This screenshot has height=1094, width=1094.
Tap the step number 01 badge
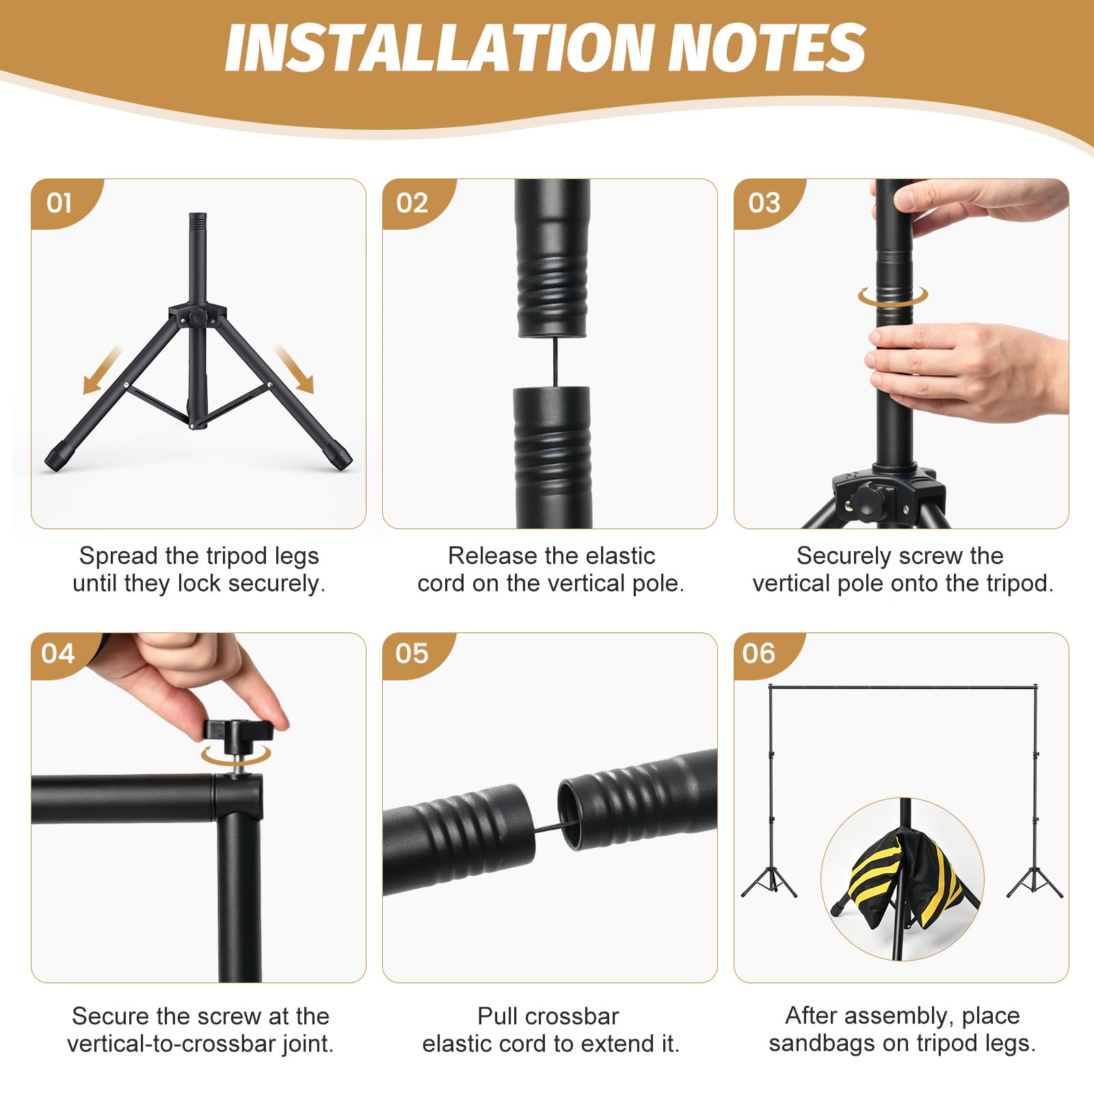point(59,203)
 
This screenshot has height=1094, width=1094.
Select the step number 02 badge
point(412,203)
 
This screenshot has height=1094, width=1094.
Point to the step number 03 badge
point(764,203)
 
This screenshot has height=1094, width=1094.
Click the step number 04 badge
point(58,654)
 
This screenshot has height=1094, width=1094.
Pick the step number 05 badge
point(412,654)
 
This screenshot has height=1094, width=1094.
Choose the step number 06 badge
point(759,654)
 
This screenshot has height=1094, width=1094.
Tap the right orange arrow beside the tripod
point(295,369)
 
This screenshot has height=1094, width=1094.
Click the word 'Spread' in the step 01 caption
point(118,556)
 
